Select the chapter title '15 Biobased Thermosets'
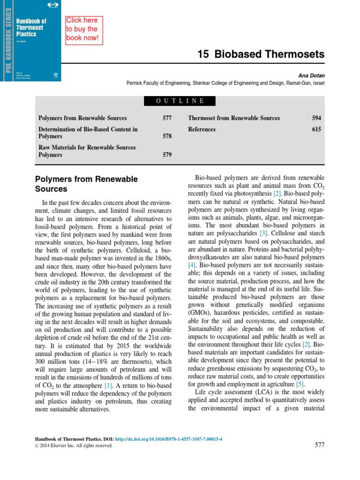[261, 54]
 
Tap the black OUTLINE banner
[180, 101]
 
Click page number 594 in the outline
[316, 118]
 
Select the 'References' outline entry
[202, 129]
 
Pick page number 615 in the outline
[316, 129]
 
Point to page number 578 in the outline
[167, 136]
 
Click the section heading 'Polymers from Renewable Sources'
[87, 184]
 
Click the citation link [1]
[109, 385]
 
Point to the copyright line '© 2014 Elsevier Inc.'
[74, 446]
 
